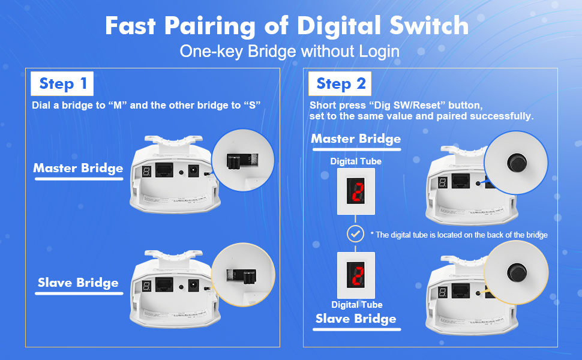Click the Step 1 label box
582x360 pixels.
tap(62, 83)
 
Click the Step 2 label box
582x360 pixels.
tap(340, 83)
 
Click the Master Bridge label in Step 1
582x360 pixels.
tap(79, 168)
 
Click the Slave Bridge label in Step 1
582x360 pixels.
tap(79, 283)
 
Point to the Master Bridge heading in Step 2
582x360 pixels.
tap(356, 139)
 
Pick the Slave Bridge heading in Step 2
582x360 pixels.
tap(356, 319)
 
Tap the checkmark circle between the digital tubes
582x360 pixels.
tap(356, 234)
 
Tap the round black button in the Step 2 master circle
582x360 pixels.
tap(517, 163)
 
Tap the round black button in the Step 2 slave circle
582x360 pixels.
tap(517, 273)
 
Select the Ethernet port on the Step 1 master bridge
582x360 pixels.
tap(164, 170)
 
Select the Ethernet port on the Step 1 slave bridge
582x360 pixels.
tap(164, 284)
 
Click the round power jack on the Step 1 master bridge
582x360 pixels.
tap(193, 171)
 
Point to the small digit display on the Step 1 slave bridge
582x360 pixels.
tap(146, 286)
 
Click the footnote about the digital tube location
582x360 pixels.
tap(459, 235)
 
